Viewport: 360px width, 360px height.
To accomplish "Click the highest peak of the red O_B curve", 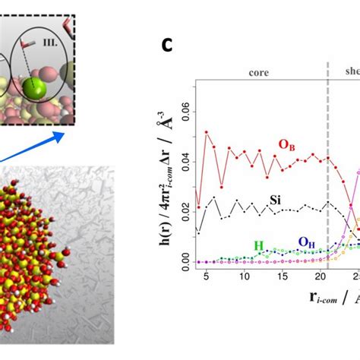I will point(207,131).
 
